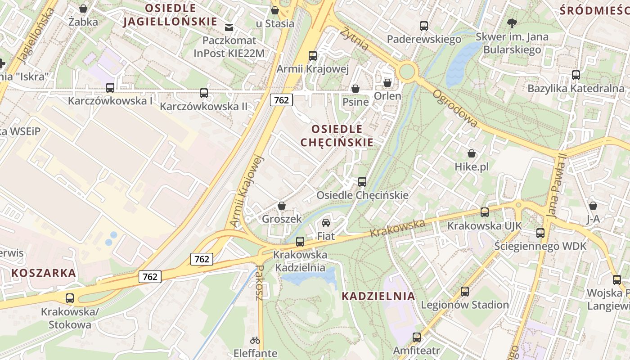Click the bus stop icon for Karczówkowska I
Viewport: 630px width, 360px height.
coord(110,87)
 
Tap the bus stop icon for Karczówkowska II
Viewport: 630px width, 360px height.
coord(204,93)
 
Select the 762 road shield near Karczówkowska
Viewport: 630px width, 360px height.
coord(281,100)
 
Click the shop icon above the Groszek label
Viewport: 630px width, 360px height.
coord(282,206)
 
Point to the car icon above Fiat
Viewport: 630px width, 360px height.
coord(326,222)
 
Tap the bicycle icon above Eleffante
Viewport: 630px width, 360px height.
coord(255,340)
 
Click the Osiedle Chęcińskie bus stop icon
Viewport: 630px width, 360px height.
coord(362,182)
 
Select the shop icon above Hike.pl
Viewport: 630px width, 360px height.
coord(472,153)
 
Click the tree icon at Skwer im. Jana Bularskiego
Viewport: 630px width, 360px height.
coord(512,23)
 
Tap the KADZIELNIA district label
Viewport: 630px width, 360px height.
coord(378,296)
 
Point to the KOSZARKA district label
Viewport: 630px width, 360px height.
coord(44,273)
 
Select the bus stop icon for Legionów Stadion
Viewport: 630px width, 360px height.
coord(465,292)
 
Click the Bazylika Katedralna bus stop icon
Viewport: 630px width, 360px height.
coord(576,75)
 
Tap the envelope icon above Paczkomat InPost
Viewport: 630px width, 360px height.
coord(229,27)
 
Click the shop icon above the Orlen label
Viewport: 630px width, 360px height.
coord(387,83)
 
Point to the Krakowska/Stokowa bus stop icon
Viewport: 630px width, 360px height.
coord(70,298)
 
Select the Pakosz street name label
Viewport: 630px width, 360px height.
coord(259,283)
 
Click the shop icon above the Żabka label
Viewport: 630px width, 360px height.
coord(83,8)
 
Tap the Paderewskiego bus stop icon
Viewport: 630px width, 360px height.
coord(424,26)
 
